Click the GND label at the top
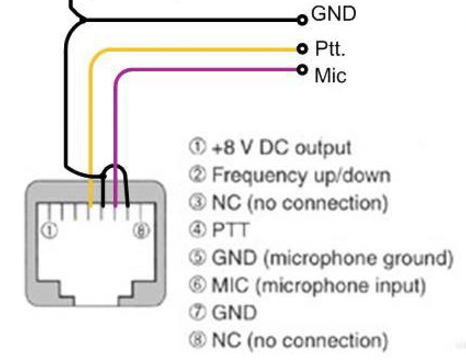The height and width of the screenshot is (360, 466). [x=333, y=14]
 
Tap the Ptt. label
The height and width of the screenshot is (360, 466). [x=330, y=49]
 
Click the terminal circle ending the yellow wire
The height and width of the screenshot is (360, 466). [x=302, y=49]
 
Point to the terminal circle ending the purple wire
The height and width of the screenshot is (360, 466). [x=302, y=70]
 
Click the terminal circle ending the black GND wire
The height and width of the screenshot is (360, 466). [x=302, y=20]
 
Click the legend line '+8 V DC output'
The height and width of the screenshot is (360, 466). [x=270, y=147]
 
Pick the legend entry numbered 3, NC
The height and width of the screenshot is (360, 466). [x=289, y=203]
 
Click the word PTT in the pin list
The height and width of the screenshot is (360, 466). [x=230, y=230]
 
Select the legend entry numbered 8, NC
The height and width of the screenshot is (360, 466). [x=289, y=340]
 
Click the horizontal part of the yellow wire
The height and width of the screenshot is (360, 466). [x=197, y=50]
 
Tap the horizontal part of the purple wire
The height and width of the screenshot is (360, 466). [x=208, y=70]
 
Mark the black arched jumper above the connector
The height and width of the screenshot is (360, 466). [x=115, y=167]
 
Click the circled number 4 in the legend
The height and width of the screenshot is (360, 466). [x=196, y=230]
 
